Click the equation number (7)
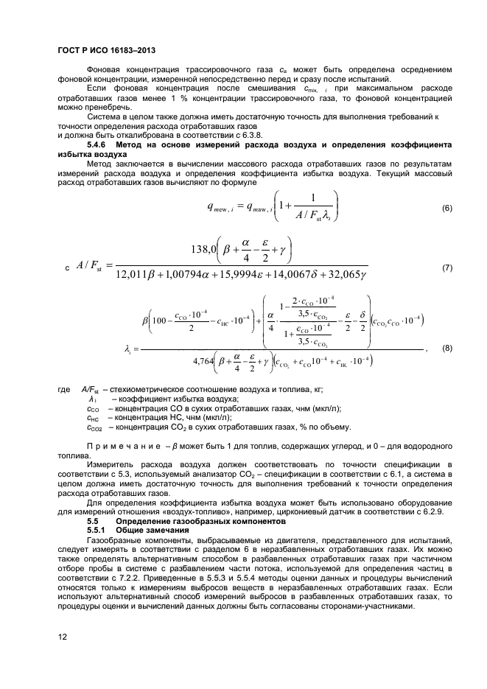click(x=446, y=267)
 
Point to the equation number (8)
click(x=446, y=349)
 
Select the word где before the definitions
click(x=64, y=390)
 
